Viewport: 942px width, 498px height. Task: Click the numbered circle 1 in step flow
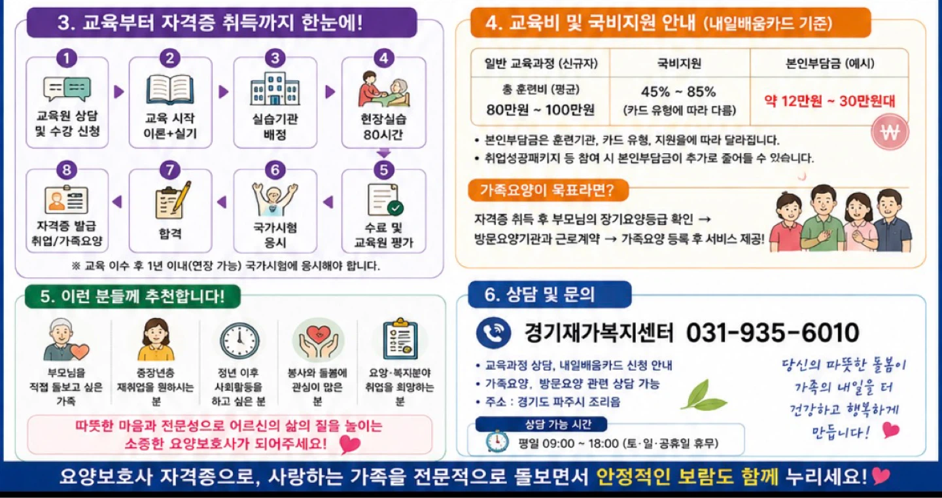tap(67, 58)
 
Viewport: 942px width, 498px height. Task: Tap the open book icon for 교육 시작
tap(170, 90)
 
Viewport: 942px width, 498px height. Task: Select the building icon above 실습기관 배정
tap(275, 89)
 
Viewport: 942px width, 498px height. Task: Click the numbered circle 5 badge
tap(384, 170)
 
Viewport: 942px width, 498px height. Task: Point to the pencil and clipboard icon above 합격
tap(173, 200)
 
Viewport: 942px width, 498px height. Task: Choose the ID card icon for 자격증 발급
tap(67, 200)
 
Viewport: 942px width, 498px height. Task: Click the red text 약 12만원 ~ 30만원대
tap(829, 101)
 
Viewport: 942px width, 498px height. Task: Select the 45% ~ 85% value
tap(678, 92)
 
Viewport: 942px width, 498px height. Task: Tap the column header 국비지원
tap(679, 63)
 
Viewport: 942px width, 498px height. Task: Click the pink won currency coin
tap(890, 132)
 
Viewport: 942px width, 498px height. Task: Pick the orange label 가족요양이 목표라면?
tap(548, 190)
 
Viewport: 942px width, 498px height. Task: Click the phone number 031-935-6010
tap(773, 332)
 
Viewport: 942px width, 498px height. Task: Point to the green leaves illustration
tap(704, 395)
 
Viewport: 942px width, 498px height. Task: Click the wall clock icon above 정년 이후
tap(239, 341)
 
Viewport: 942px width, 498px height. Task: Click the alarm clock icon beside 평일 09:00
tap(497, 441)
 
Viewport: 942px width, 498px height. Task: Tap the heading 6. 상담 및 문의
tap(540, 295)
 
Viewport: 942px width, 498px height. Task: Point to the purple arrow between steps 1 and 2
tap(119, 92)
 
